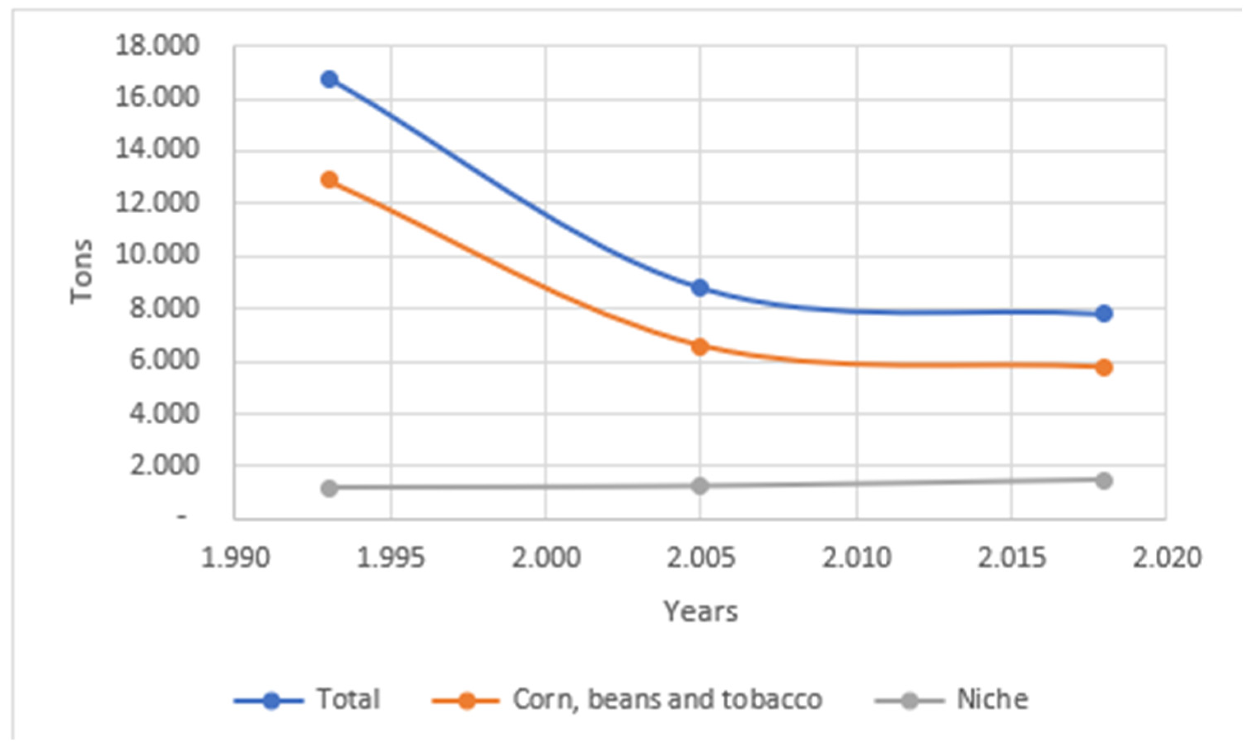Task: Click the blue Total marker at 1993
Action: (x=330, y=79)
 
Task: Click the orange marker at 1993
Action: (x=330, y=180)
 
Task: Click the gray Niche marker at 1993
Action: (x=330, y=488)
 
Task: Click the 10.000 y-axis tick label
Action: (x=157, y=255)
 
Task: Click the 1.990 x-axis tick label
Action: (x=235, y=558)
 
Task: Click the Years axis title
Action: (x=700, y=612)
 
